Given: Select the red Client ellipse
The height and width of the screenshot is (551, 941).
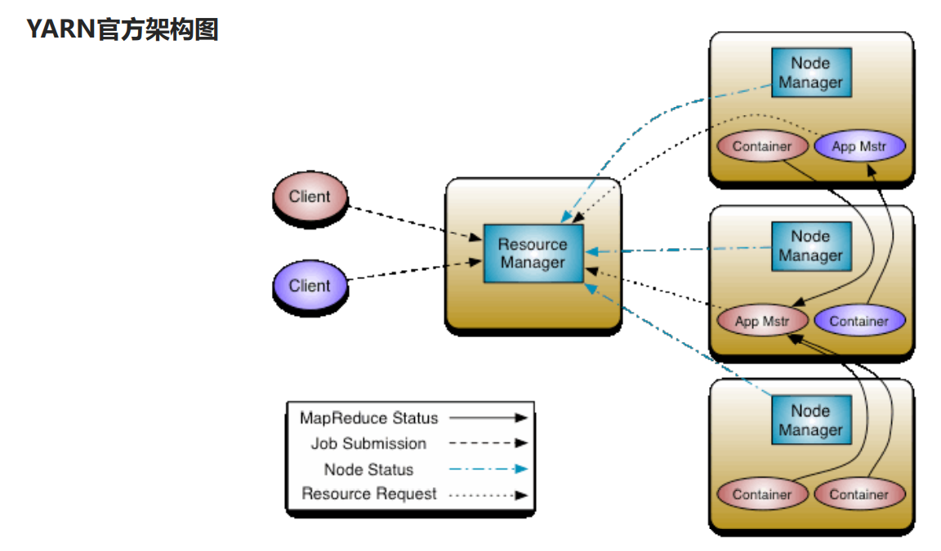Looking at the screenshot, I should pyautogui.click(x=310, y=197).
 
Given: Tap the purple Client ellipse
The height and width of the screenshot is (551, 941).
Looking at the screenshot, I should pyautogui.click(x=310, y=286).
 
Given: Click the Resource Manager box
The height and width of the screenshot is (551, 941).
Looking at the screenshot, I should pyautogui.click(x=533, y=253).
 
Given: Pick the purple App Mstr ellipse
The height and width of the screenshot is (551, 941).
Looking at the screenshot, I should pyautogui.click(x=859, y=147).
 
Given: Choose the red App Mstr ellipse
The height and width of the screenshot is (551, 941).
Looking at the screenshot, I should pyautogui.click(x=762, y=321).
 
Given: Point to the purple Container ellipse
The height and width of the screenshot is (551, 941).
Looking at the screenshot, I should pyautogui.click(x=859, y=321).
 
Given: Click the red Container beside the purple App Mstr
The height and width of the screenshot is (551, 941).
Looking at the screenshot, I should pyautogui.click(x=762, y=147).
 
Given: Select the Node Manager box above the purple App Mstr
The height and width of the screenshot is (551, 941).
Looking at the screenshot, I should pyautogui.click(x=810, y=73).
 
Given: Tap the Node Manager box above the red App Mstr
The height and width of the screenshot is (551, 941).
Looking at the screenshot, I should pyautogui.click(x=810, y=246).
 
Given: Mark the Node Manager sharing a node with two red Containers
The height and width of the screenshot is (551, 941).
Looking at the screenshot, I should pyautogui.click(x=810, y=420).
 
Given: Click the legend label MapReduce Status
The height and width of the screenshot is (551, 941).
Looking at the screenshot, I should pyautogui.click(x=368, y=418).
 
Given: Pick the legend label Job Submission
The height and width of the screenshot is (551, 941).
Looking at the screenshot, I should pyautogui.click(x=368, y=443).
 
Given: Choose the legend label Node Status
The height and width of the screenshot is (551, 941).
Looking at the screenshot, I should pyautogui.click(x=368, y=469).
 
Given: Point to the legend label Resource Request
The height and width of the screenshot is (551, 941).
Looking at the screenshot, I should pyautogui.click(x=369, y=494).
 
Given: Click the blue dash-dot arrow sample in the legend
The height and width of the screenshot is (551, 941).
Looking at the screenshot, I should pyautogui.click(x=488, y=469).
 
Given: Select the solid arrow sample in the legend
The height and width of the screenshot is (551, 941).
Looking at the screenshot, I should pyautogui.click(x=488, y=418).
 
